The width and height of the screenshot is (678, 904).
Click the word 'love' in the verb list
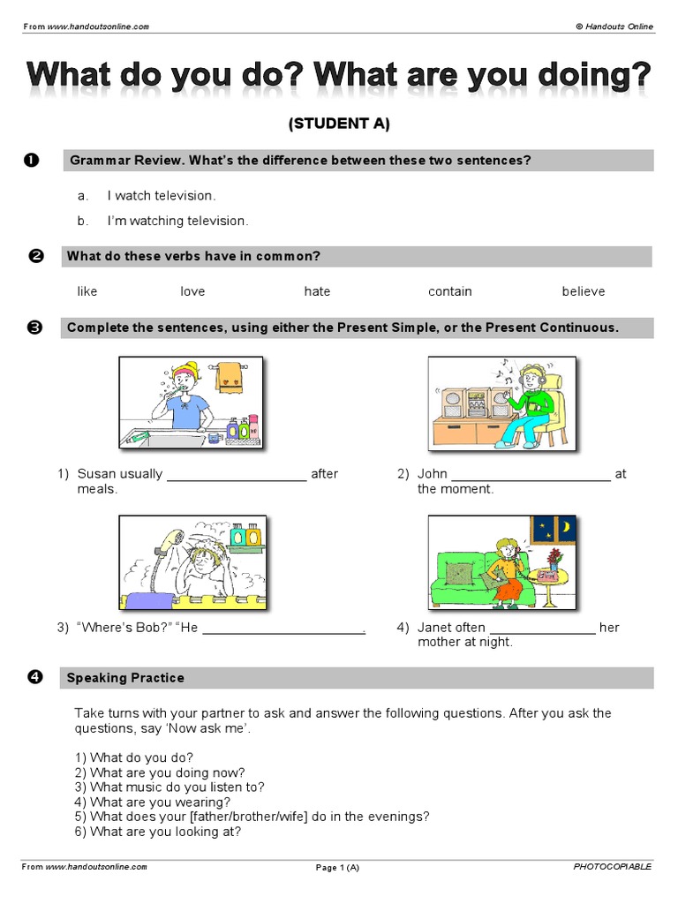(x=192, y=291)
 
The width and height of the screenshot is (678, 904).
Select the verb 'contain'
(x=450, y=291)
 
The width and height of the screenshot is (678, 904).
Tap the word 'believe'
(x=584, y=291)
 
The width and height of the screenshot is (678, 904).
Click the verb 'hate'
(x=317, y=291)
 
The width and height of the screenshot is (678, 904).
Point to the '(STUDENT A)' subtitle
(x=339, y=124)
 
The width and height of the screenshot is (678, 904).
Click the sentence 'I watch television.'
(x=162, y=195)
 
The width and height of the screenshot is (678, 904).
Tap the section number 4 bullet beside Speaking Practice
(x=34, y=678)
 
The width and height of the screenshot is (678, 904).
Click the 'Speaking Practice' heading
(x=126, y=678)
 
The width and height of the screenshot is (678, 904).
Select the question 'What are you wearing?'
(x=160, y=802)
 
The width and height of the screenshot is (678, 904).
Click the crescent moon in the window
(x=565, y=528)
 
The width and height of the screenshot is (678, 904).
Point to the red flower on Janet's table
(x=554, y=556)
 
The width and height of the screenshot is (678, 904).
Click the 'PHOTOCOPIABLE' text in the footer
(x=612, y=867)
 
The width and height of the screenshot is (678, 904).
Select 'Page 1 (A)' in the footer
(x=337, y=868)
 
